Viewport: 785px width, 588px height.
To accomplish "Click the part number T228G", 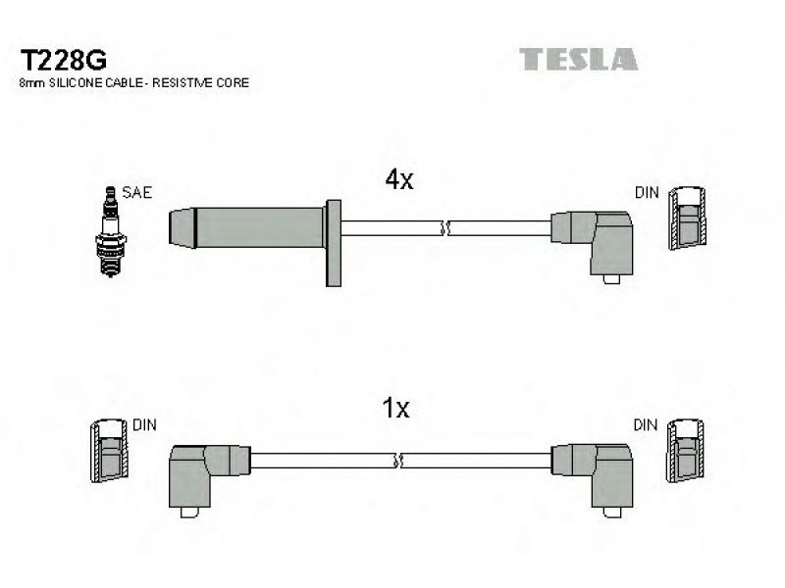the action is click(63, 61).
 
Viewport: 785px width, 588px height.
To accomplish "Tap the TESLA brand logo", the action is click(578, 59).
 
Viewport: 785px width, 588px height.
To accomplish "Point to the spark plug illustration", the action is click(111, 231).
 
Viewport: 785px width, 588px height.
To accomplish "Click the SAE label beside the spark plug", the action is click(136, 192).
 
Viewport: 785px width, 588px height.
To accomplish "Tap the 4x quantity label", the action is click(399, 179).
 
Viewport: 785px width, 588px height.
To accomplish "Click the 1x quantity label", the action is click(395, 408).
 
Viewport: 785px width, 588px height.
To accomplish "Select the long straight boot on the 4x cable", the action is click(246, 227).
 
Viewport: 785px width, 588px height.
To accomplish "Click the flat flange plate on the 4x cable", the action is click(334, 243).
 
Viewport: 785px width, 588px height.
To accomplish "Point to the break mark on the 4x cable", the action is click(445, 228).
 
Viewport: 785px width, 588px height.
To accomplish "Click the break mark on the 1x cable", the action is click(398, 461).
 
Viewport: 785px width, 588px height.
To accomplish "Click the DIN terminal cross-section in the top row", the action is click(688, 219).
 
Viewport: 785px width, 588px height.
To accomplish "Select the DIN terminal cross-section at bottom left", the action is click(109, 451).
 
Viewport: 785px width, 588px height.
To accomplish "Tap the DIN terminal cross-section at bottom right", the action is click(685, 451).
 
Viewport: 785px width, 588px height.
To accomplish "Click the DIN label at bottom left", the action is click(144, 425).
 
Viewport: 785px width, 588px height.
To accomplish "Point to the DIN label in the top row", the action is click(647, 192).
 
